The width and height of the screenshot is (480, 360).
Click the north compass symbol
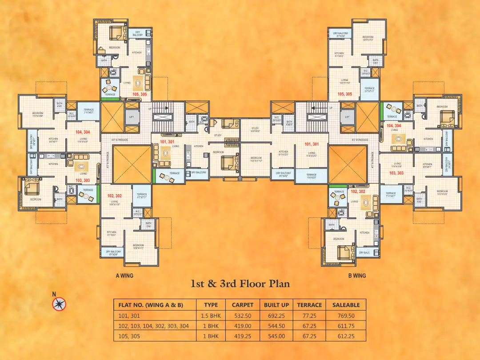pyautogui.click(x=59, y=304)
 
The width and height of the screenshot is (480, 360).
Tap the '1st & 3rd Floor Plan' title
pyautogui.click(x=240, y=284)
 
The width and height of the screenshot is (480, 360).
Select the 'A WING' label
pyautogui.click(x=124, y=276)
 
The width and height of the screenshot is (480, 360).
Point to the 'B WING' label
pyautogui.click(x=357, y=276)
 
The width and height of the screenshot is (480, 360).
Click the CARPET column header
pyautogui.click(x=243, y=305)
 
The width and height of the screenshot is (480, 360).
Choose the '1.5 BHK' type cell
pyautogui.click(x=211, y=316)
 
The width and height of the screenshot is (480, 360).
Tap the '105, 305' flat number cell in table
pyautogui.click(x=129, y=336)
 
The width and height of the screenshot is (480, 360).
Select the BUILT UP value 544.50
pyautogui.click(x=276, y=326)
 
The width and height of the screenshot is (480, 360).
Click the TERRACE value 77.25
pyautogui.click(x=309, y=316)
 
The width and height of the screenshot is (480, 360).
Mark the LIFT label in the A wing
pyautogui.click(x=131, y=117)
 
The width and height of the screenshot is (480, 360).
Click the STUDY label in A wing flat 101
pyautogui.click(x=218, y=135)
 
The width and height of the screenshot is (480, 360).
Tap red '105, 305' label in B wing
pyautogui.click(x=345, y=94)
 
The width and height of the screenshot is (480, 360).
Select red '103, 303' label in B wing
pyautogui.click(x=396, y=173)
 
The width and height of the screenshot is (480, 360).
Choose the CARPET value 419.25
pyautogui.click(x=243, y=336)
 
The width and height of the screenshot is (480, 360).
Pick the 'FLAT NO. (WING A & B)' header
pyautogui.click(x=155, y=305)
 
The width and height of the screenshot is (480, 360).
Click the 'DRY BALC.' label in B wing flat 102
pyautogui.click(x=364, y=252)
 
